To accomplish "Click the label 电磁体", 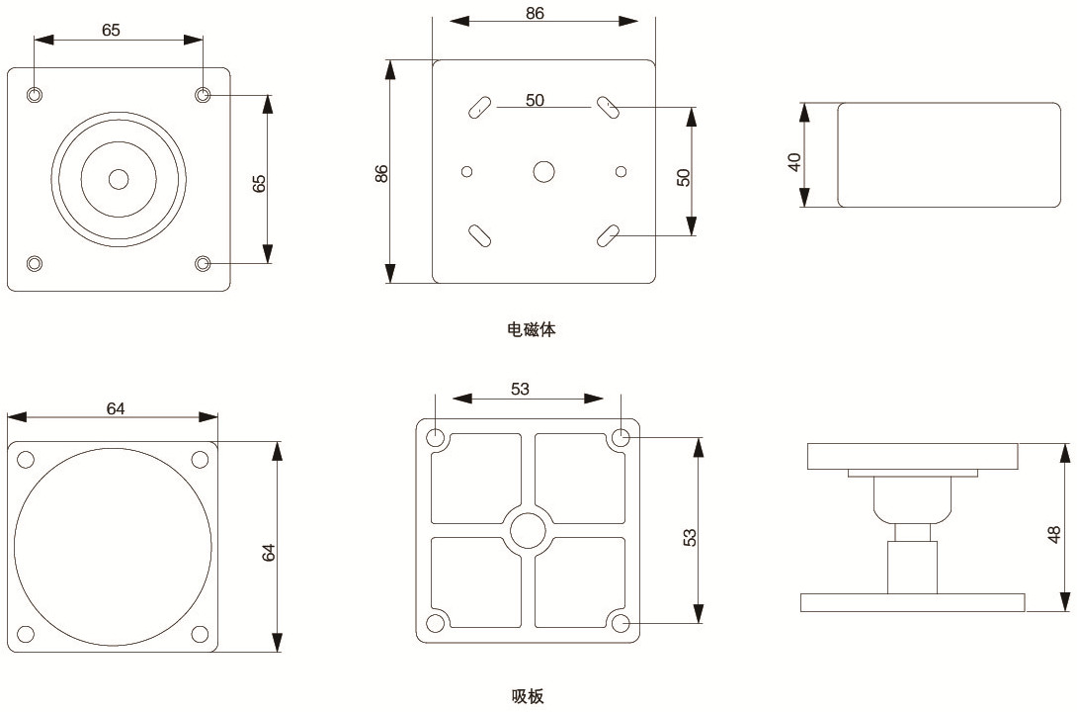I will tap(532, 329).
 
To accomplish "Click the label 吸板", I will tap(528, 696).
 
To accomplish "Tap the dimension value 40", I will tap(794, 160).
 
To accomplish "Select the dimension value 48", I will tap(1054, 534).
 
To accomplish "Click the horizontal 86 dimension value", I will tap(535, 14).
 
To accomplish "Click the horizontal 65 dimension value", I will tap(111, 31).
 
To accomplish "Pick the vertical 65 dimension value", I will tap(260, 183).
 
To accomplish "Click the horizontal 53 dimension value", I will tap(521, 390).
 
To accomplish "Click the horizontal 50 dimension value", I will tap(535, 101).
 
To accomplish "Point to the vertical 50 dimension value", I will tap(683, 176).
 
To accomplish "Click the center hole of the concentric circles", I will tap(120, 179).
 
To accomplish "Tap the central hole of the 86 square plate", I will tap(543, 172).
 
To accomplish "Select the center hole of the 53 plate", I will tap(528, 531).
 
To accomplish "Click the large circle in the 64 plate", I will tap(113, 547).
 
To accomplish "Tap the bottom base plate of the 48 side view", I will tap(912, 602).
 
